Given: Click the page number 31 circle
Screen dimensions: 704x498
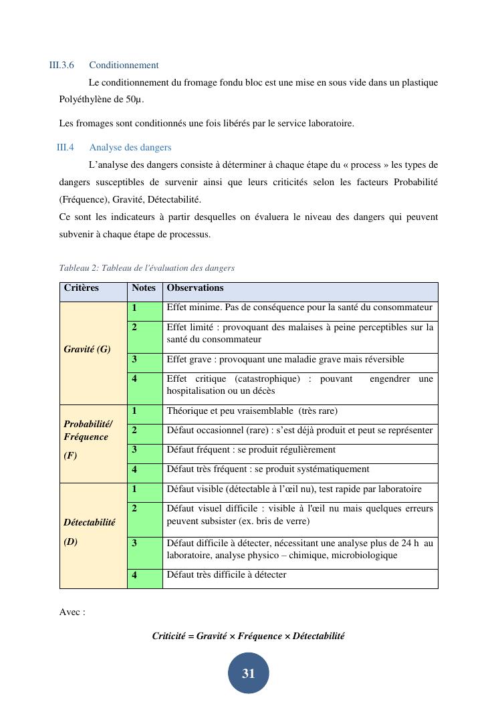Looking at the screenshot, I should click(x=249, y=673).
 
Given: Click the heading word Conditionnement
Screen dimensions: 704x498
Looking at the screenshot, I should click(x=124, y=65).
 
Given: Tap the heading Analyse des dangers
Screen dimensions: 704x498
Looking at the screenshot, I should click(x=130, y=147).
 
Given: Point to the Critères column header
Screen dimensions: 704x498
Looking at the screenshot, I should click(x=82, y=288).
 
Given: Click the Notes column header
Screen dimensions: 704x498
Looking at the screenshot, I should click(x=144, y=288).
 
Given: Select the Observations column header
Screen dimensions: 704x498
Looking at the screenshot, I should click(x=195, y=288).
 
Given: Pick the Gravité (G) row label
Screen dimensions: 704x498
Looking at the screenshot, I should click(x=87, y=349).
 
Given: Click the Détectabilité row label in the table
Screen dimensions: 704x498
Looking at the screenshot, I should click(x=90, y=523).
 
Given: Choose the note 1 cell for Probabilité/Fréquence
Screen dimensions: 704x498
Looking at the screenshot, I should click(x=144, y=411).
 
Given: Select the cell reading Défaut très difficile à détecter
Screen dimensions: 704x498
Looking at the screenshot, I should click(x=227, y=575).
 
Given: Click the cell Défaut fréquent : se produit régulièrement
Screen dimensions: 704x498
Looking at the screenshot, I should click(x=251, y=450).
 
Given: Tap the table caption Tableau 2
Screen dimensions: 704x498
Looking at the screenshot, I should click(x=146, y=268).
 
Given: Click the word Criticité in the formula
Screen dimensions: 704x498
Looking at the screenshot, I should click(x=168, y=636).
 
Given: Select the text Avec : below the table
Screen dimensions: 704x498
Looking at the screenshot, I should click(x=72, y=612).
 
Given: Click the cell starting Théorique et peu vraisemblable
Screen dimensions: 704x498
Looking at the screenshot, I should click(x=252, y=411).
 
